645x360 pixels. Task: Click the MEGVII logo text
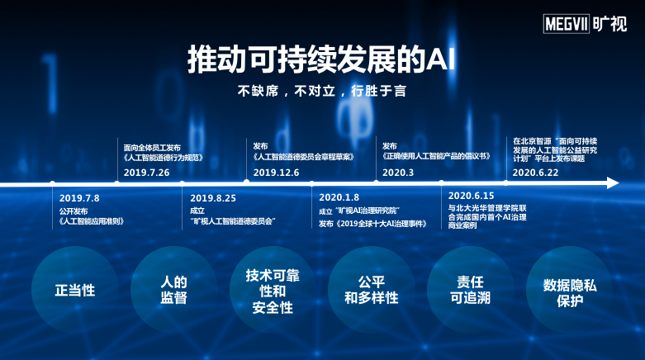pos(565,25)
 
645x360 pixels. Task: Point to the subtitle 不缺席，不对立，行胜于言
pos(321,90)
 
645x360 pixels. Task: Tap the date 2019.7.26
pos(146,172)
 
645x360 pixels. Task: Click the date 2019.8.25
pos(213,198)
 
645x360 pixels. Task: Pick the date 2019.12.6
pos(276,172)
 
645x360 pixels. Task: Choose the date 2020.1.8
pos(339,198)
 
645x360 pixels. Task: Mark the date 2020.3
pos(398,172)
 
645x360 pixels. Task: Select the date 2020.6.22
pos(535,172)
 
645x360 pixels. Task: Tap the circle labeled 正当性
pos(75,290)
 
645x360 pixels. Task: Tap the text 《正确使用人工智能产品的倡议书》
pos(436,156)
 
